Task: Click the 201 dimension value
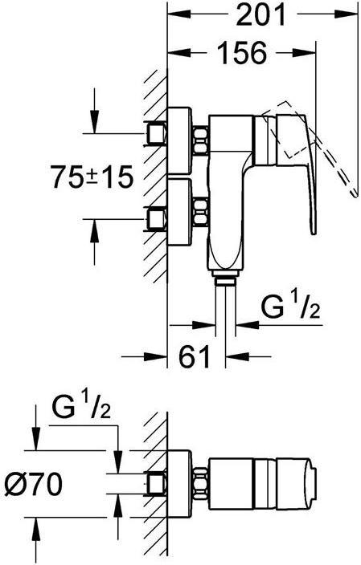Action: coord(260,14)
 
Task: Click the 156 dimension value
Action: coord(243,53)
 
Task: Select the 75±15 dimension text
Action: coord(92,177)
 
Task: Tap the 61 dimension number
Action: coord(195,356)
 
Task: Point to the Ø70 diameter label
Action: coord(34,484)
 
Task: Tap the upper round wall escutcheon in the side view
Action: coord(179,139)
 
